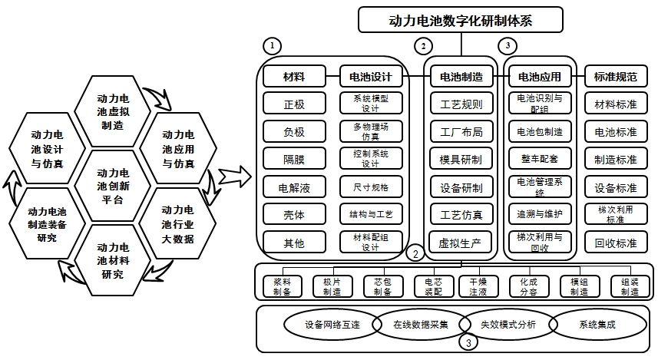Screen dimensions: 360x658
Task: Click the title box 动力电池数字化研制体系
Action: pyautogui.click(x=461, y=20)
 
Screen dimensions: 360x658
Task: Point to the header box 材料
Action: pyautogui.click(x=294, y=77)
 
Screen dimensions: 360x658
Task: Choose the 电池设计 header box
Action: pyautogui.click(x=371, y=77)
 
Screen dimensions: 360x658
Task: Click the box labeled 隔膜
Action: pyautogui.click(x=294, y=159)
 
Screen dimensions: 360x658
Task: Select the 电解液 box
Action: pyautogui.click(x=294, y=187)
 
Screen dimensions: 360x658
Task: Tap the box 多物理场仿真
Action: pyautogui.click(x=371, y=131)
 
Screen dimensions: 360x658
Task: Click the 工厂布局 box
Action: pyautogui.click(x=461, y=132)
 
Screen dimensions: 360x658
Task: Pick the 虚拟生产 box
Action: pyautogui.click(x=461, y=243)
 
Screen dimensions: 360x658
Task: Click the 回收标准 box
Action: pyautogui.click(x=616, y=243)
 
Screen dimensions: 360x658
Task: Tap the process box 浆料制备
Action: pyautogui.click(x=282, y=287)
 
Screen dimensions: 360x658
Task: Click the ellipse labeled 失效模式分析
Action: pyautogui.click(x=508, y=324)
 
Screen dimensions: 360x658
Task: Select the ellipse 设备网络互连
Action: pyautogui.click(x=332, y=324)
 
